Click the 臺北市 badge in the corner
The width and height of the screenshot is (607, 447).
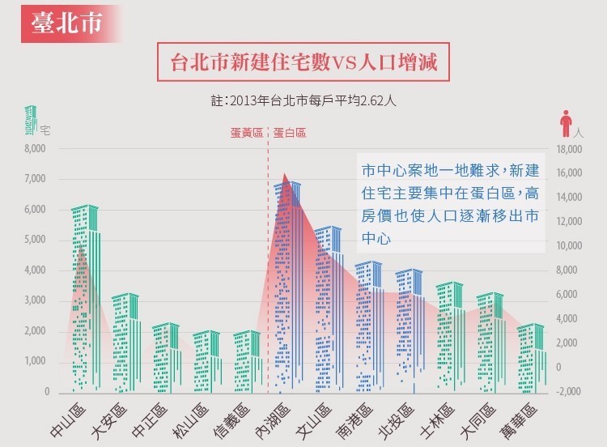point(68,23)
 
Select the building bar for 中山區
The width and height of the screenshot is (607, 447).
point(84,300)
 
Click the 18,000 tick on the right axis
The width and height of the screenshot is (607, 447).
point(570,150)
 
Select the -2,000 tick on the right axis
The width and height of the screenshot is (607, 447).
point(570,392)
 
